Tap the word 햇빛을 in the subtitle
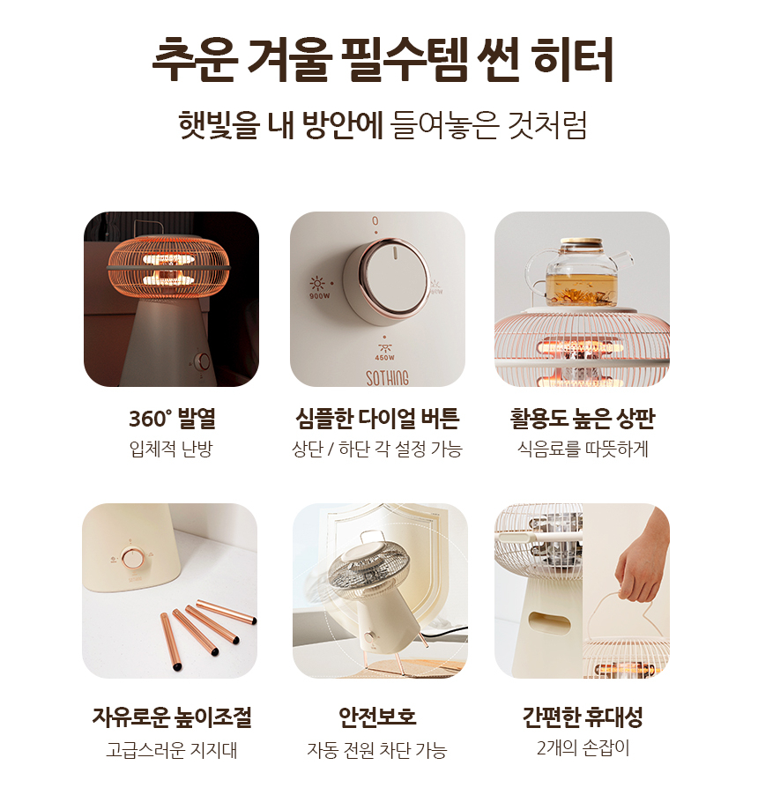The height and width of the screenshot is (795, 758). [219, 125]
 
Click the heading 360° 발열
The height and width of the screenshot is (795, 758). [172, 419]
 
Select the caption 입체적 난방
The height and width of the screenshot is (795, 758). [171, 449]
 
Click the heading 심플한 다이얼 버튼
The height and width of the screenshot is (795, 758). [378, 419]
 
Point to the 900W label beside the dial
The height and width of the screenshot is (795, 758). [319, 296]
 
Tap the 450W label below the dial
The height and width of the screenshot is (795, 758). [385, 358]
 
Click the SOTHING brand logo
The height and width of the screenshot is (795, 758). [387, 378]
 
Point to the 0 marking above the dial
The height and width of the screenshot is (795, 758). [375, 221]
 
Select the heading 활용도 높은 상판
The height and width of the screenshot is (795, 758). [583, 419]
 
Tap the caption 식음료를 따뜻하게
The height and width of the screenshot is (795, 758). [583, 449]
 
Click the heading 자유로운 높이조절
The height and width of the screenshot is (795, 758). [172, 717]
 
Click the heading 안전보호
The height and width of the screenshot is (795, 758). [378, 717]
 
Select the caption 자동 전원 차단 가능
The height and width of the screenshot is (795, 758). [376, 750]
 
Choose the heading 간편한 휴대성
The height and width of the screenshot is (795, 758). [583, 717]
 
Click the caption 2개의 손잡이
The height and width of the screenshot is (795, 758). [583, 748]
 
